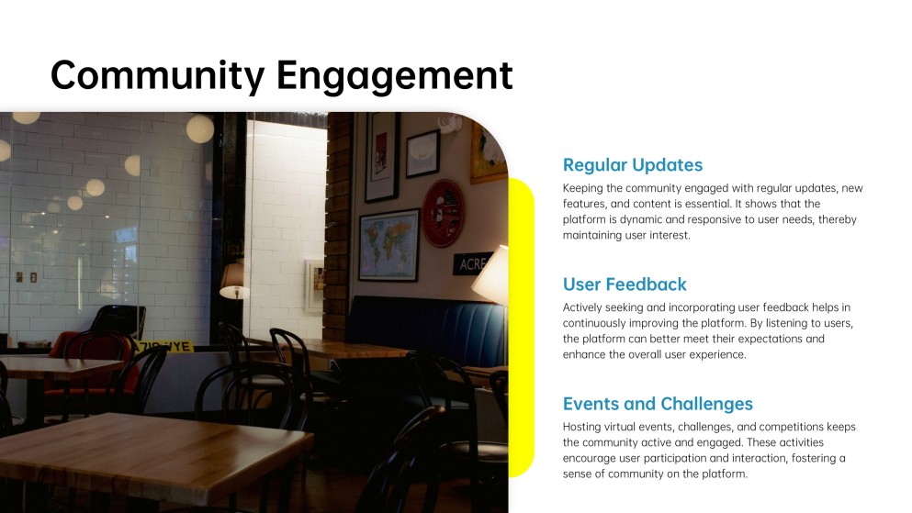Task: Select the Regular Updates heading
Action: (x=632, y=165)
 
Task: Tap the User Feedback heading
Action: (x=625, y=284)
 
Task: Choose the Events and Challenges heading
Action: (x=657, y=404)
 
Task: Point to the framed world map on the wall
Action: (x=388, y=244)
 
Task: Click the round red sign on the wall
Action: (x=443, y=212)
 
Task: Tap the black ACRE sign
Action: (x=474, y=263)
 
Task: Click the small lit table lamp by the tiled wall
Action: (x=234, y=279)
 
